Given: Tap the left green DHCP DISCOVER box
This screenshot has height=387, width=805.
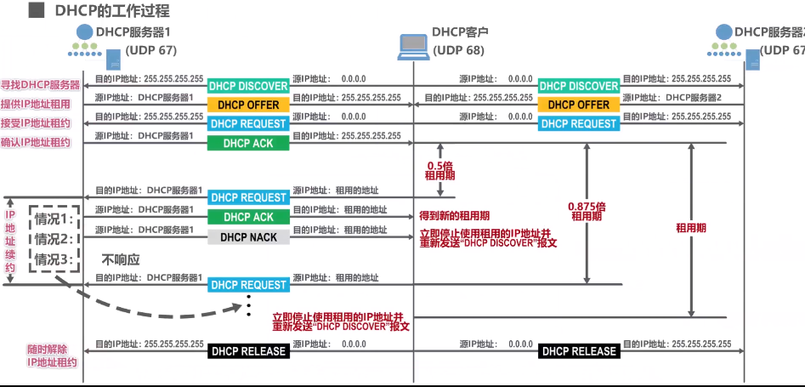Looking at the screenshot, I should [248, 86].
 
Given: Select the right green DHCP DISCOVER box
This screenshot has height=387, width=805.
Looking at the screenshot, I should [579, 86].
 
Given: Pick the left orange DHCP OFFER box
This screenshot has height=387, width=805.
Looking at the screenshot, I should [248, 105].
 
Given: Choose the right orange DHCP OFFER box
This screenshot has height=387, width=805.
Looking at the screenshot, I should [579, 105].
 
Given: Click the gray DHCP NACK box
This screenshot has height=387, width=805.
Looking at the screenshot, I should [248, 237].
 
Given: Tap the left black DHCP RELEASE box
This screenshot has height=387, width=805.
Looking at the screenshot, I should [248, 351].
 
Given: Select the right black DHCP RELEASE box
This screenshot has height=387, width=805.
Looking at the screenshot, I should [579, 351].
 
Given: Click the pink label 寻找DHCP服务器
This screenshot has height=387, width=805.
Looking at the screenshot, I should [41, 85].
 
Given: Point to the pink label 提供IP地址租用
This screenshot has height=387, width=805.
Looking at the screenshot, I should [41, 104].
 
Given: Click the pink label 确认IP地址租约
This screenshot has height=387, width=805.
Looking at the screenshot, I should [41, 142].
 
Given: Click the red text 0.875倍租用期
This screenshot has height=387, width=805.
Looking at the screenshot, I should [587, 211].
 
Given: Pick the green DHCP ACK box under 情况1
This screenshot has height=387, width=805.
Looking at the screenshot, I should [248, 217].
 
